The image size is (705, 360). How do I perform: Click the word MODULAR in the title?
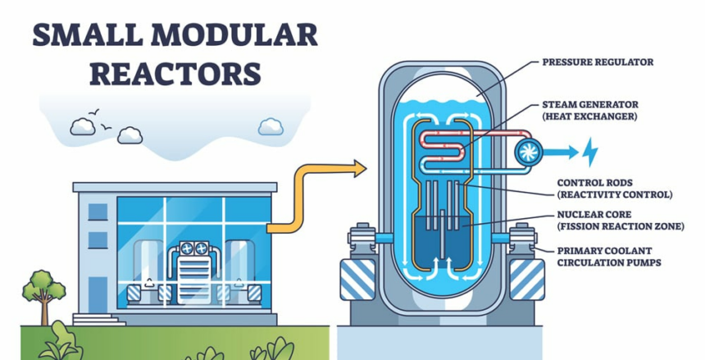[x=234, y=35]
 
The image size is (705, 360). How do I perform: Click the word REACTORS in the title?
[x=175, y=74]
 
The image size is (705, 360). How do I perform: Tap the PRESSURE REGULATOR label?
[x=598, y=62]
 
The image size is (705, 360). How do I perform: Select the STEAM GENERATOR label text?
[x=590, y=105]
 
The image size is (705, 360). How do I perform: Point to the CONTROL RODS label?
[x=595, y=183]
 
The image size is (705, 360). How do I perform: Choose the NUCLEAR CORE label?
[x=594, y=215]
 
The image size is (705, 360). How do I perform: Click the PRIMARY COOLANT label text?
[x=604, y=251]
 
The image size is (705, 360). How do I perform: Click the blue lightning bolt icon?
[x=589, y=152]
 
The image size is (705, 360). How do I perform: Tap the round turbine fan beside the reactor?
[x=528, y=153]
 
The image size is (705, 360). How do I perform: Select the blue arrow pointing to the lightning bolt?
[x=560, y=152]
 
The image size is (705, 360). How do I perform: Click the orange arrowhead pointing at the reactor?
[x=359, y=168]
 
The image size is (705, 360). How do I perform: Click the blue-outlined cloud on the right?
[x=271, y=126]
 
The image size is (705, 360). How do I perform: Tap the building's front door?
[x=98, y=294]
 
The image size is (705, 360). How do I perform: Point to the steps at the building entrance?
[x=99, y=320]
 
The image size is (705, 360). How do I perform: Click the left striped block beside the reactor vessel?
[x=357, y=280]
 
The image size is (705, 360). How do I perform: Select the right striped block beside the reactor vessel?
[x=527, y=280]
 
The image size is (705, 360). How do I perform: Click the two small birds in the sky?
[x=100, y=120]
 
